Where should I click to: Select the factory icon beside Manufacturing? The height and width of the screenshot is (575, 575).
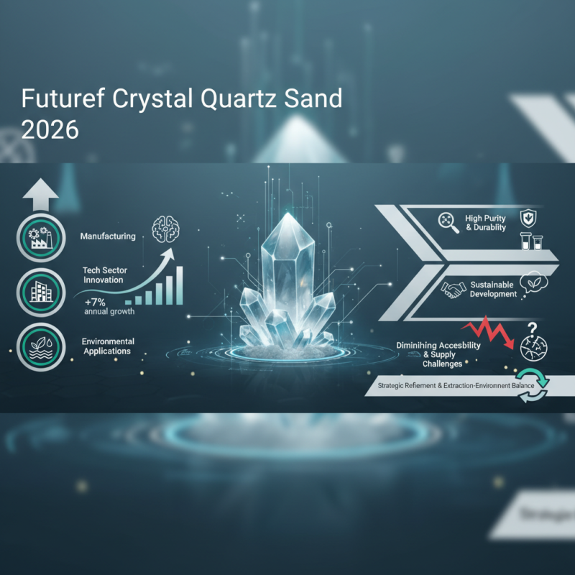[36, 235]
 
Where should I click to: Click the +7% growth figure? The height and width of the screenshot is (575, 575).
[97, 300]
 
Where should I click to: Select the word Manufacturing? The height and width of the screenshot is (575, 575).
[109, 236]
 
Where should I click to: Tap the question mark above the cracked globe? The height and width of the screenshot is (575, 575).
[533, 328]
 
